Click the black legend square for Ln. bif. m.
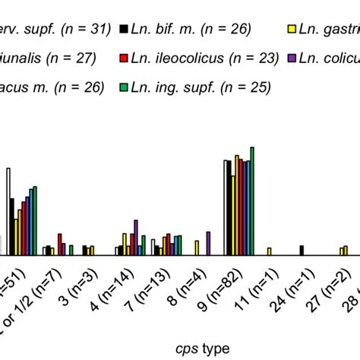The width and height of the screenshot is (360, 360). point(122,30)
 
